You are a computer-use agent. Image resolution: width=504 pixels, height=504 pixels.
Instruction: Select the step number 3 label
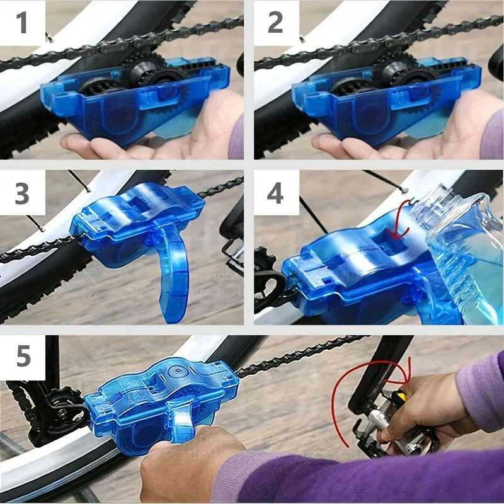(x=22, y=193)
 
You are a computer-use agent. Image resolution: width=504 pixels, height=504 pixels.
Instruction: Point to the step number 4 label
(x=275, y=193)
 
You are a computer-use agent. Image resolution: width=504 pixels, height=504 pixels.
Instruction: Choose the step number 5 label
(x=23, y=357)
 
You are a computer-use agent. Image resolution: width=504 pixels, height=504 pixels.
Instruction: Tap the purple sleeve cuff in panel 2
(x=491, y=132)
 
